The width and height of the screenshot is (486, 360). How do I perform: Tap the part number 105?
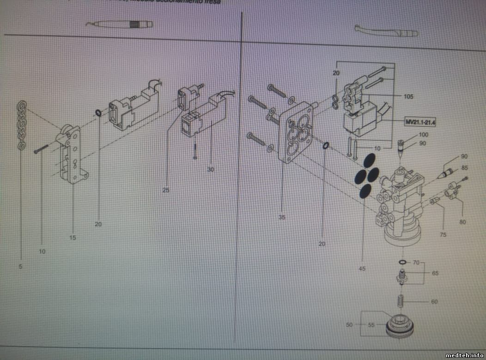(x=408, y=97)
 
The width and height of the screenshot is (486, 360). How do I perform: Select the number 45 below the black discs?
(x=362, y=268)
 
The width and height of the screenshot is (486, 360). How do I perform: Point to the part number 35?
(x=282, y=217)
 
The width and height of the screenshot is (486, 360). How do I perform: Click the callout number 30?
(x=211, y=169)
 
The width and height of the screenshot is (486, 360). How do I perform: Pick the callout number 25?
(x=166, y=190)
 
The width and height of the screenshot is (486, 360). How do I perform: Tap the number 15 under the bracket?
(x=73, y=238)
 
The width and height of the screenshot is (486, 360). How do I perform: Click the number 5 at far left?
(x=20, y=266)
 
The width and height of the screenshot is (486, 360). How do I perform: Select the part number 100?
(x=424, y=134)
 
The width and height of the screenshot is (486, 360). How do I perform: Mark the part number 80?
(x=462, y=222)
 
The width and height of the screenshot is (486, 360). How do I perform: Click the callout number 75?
(x=443, y=235)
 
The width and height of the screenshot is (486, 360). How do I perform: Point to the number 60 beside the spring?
(x=434, y=302)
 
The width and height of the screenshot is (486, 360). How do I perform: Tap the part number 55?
(x=371, y=324)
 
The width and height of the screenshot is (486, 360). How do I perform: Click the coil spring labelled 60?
(x=401, y=301)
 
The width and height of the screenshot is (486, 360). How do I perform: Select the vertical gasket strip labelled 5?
(x=21, y=126)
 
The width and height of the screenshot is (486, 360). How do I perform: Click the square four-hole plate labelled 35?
(x=296, y=132)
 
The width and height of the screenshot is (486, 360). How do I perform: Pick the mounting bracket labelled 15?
(x=72, y=155)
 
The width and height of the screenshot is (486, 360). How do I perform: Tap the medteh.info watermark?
(x=465, y=355)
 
